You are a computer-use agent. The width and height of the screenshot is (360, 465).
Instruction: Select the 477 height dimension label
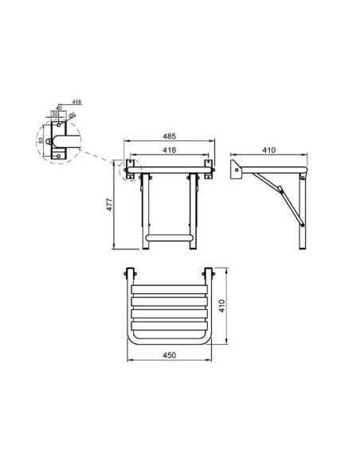(x=110, y=206)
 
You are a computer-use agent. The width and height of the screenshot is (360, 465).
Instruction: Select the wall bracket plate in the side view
(x=235, y=169)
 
